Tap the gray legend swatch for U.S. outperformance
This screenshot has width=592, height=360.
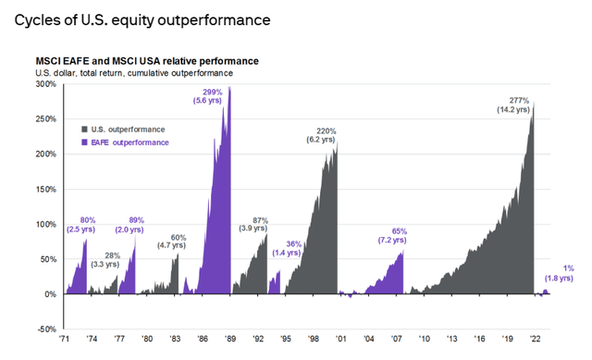click(x=85, y=129)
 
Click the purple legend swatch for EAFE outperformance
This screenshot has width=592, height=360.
click(x=85, y=142)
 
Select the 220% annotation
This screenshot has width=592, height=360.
click(x=326, y=130)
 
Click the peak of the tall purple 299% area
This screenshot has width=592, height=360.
click(x=229, y=87)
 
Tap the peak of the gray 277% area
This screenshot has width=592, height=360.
click(x=534, y=102)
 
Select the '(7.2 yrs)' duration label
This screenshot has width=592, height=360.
click(x=398, y=242)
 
